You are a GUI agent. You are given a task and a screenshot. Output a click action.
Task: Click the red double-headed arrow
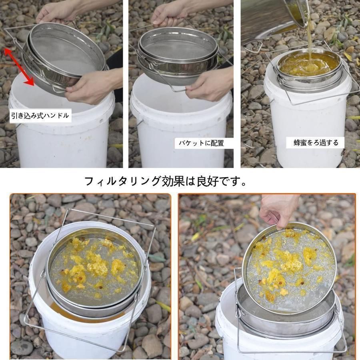point(19,66)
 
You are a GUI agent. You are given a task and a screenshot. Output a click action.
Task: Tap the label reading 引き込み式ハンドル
point(40,115)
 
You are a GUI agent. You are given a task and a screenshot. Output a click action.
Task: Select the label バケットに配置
point(201,143)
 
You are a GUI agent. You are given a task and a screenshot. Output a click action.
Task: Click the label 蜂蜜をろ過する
point(316,142)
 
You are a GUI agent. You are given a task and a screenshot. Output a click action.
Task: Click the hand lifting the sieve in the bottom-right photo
point(279,211)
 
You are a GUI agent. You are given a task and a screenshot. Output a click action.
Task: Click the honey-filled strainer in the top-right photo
point(309,66)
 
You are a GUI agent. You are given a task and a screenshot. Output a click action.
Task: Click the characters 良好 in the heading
point(208,181)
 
